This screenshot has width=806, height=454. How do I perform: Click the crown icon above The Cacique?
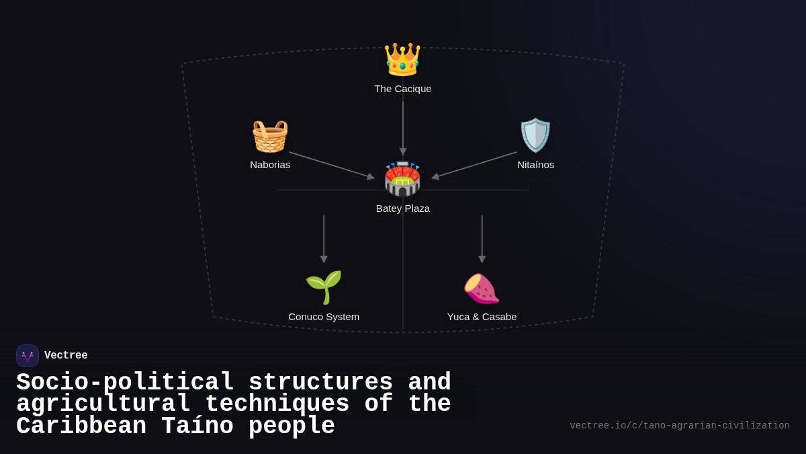click(402, 59)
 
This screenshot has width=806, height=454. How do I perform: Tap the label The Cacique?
click(403, 89)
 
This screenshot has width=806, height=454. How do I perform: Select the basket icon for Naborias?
click(270, 136)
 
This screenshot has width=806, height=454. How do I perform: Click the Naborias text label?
click(270, 165)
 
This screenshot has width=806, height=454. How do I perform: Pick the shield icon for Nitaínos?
click(535, 135)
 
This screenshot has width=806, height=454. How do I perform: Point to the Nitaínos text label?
click(535, 165)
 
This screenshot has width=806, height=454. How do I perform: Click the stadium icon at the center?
click(402, 179)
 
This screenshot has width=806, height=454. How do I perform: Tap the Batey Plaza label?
click(403, 209)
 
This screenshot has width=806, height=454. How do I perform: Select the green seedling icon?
click(324, 287)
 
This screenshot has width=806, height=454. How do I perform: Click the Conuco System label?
click(324, 317)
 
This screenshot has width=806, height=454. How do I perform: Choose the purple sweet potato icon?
click(482, 288)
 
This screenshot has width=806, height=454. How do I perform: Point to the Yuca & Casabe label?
click(482, 317)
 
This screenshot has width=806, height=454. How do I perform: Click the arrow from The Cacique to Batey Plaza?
click(403, 128)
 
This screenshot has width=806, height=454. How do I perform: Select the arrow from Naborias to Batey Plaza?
click(331, 165)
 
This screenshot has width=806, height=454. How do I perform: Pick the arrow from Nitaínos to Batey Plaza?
click(474, 165)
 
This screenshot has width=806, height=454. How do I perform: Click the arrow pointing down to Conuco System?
click(324, 239)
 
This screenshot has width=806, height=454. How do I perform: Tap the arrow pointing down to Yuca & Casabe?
click(482, 239)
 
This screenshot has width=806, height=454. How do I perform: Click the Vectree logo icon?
click(28, 356)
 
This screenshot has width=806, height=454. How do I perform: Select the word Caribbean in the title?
click(81, 426)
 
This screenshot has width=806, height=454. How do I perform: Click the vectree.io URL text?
click(679, 426)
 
